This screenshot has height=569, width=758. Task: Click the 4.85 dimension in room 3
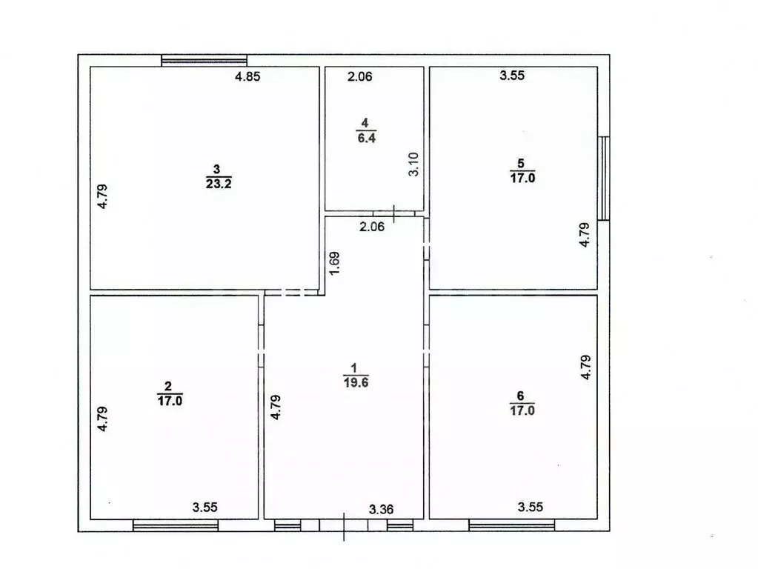pyautogui.click(x=247, y=76)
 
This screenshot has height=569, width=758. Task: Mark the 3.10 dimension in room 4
pyautogui.click(x=415, y=163)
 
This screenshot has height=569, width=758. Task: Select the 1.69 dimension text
pyautogui.click(x=335, y=264)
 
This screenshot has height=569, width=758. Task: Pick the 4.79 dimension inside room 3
pyautogui.click(x=104, y=196)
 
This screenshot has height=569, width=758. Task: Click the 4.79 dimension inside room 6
pyautogui.click(x=585, y=368)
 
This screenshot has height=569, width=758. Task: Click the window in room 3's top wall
pyautogui.click(x=204, y=61)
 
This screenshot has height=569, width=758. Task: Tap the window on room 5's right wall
pyautogui.click(x=604, y=178)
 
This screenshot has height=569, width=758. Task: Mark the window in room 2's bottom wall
pyautogui.click(x=176, y=525)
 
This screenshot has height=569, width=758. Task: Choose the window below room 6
pyautogui.click(x=511, y=525)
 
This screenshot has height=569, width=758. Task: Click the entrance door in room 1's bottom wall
pyautogui.click(x=344, y=525)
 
